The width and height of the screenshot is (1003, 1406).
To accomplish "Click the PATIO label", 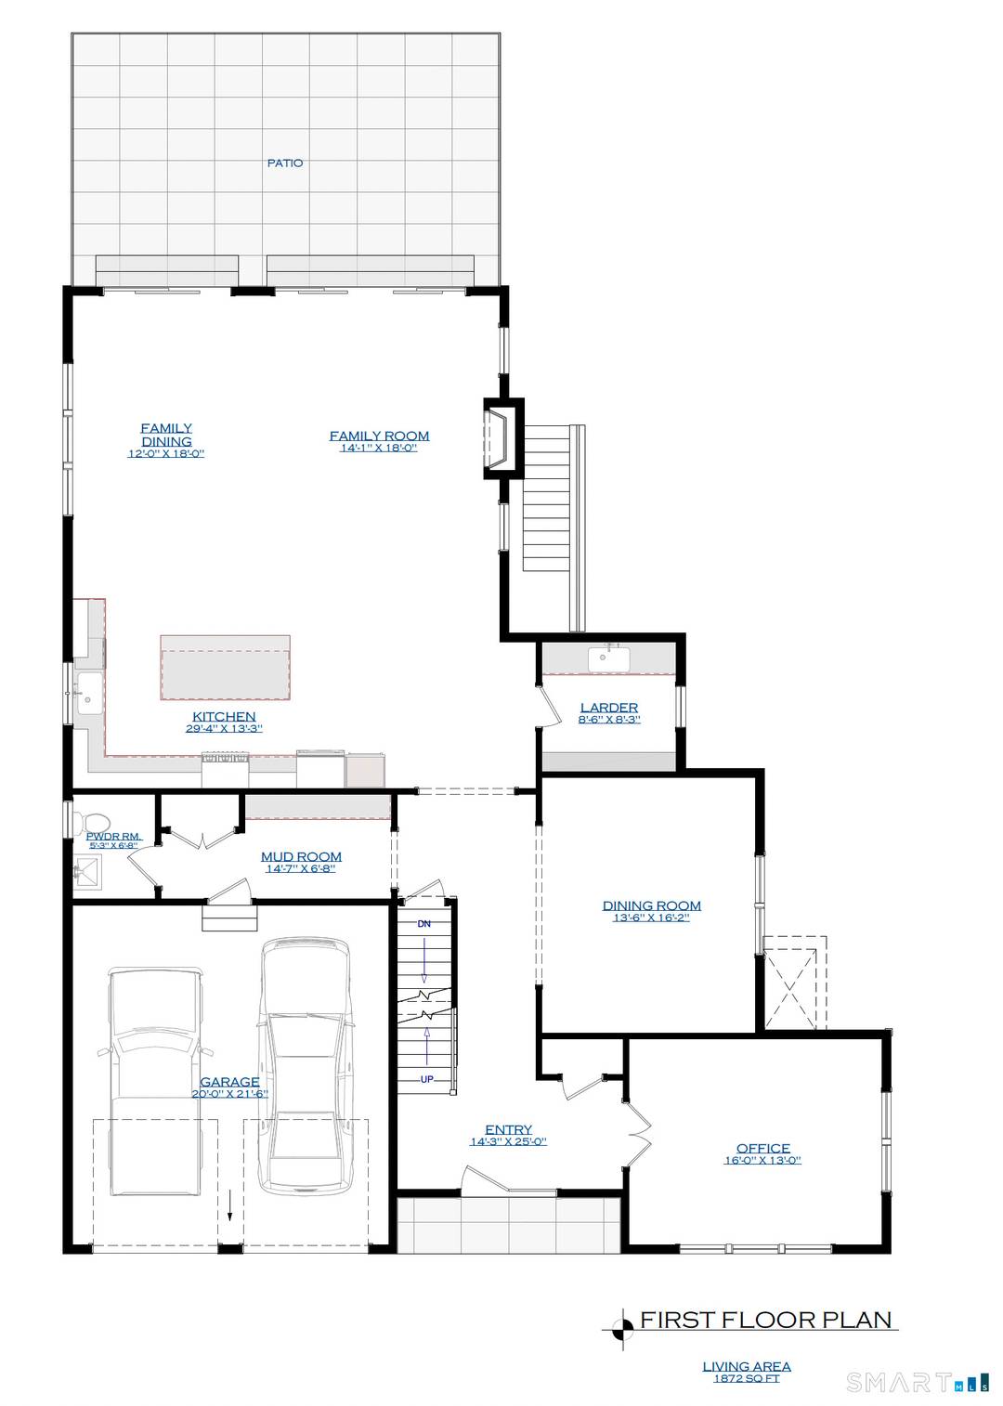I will (285, 163).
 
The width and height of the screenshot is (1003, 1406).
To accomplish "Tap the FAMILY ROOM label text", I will (379, 436).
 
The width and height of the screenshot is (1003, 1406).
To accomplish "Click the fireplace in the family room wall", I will (500, 439).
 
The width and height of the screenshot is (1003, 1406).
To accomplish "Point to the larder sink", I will (608, 658).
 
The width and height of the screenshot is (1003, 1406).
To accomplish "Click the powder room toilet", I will (94, 824).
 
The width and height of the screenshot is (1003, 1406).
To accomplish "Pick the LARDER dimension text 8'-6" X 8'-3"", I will (609, 720).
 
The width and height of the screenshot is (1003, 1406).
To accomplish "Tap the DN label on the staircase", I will (424, 924).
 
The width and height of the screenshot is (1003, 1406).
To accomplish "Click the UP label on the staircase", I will (426, 1079).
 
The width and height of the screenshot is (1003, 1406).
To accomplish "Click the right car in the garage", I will (305, 1063).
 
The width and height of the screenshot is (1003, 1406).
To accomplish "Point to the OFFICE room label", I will (762, 1148).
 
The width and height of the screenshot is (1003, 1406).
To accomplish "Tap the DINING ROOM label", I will (651, 905).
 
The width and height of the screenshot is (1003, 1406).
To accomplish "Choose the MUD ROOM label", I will (301, 856).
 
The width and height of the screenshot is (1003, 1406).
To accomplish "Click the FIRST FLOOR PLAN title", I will (765, 1320).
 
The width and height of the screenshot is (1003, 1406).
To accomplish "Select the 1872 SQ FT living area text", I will (746, 1379).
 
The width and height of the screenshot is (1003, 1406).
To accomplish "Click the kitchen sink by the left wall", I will (89, 693).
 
